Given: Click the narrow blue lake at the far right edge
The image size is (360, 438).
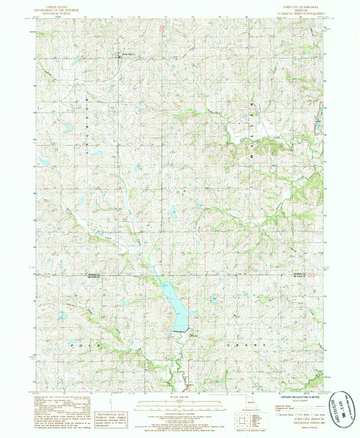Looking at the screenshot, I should (318, 125).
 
